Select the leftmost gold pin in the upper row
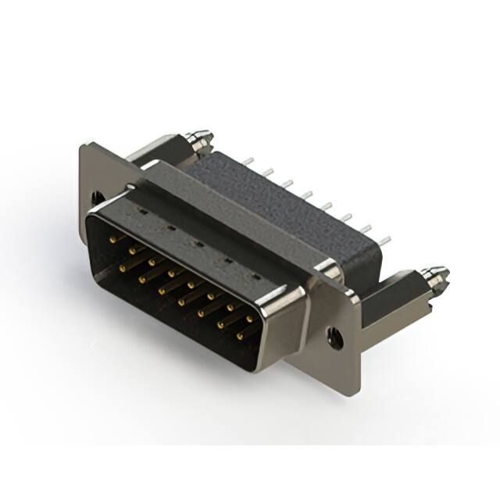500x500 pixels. pos(115,235)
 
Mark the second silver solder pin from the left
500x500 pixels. pos(266,172)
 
